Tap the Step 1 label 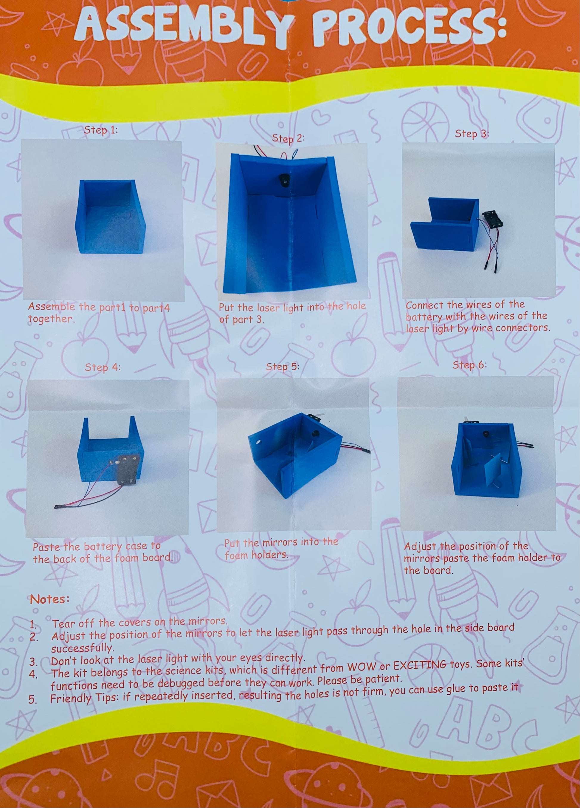(101, 130)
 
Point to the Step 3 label (472, 134)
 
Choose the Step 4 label (103, 367)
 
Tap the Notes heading (49, 599)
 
